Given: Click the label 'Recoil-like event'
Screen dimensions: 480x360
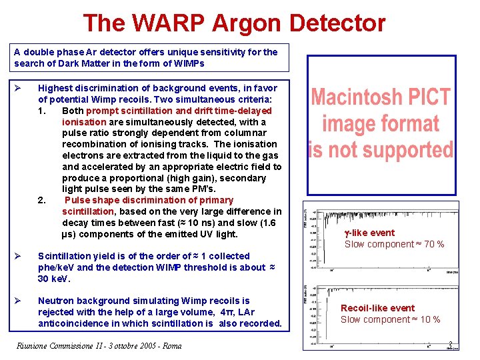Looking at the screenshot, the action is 377,308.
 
